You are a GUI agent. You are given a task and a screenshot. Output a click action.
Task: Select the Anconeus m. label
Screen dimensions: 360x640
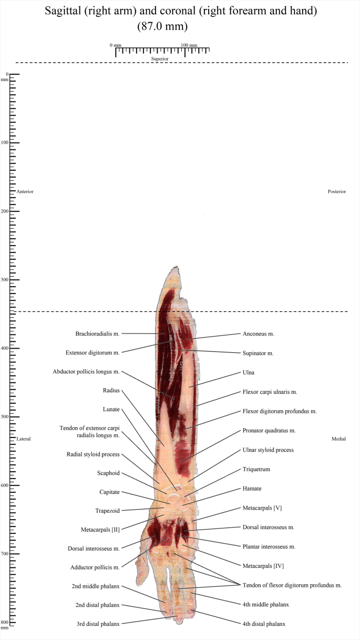(259, 333)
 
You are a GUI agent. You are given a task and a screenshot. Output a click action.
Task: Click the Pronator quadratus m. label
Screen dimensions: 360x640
(269, 430)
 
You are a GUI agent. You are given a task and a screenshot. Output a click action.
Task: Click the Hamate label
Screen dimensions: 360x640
(252, 489)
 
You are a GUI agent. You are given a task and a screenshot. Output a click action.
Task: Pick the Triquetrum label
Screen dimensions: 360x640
(255, 469)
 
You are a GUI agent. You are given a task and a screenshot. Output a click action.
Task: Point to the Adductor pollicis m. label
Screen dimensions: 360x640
(95, 567)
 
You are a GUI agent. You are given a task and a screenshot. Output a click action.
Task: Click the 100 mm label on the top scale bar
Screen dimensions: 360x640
(189, 45)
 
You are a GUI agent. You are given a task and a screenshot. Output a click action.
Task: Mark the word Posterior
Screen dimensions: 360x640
(337, 191)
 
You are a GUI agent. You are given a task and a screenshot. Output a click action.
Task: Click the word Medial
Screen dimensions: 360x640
(339, 439)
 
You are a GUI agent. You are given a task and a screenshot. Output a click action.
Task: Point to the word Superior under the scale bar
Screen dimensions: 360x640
(160, 59)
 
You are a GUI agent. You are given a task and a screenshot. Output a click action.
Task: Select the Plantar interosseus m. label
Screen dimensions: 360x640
(269, 547)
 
